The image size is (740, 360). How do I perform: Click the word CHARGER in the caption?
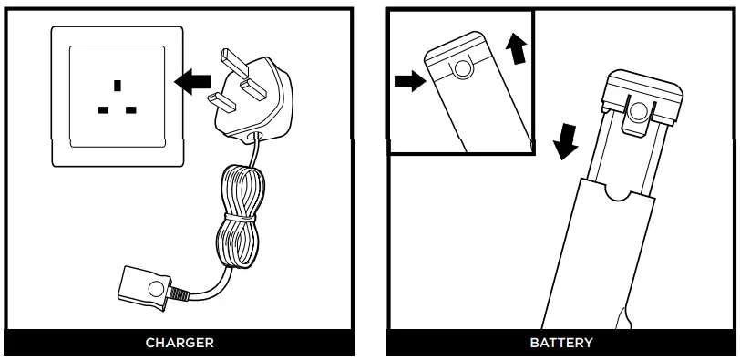pos(180,344)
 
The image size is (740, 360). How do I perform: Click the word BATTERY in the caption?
pos(560,344)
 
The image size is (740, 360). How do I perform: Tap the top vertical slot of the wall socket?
pos(116,87)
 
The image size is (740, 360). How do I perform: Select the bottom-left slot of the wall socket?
pos(102,110)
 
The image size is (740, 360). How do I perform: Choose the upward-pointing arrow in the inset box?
pos(518,51)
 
